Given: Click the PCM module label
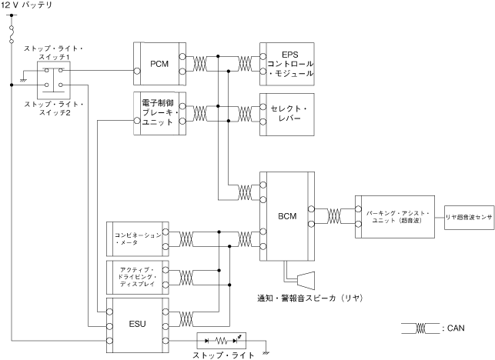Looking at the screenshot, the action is [159, 64].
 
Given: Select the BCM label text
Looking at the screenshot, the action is [287, 216].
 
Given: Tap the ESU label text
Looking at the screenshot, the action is [137, 324].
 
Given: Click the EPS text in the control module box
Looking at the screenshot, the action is [290, 55].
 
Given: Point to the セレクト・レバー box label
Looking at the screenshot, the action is [289, 113].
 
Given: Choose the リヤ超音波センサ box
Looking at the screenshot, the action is [469, 218].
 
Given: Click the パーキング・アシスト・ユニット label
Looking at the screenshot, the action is [397, 217].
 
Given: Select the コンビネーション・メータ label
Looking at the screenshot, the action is [138, 238].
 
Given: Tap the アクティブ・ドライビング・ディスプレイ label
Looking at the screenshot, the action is [137, 277].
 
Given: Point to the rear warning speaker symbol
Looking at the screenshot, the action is [306, 280].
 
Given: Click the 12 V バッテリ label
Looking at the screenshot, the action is [26, 5].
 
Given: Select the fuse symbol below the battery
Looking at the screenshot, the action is [12, 35].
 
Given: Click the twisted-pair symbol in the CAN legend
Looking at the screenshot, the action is [420, 328].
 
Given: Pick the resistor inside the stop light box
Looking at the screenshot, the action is [221, 341].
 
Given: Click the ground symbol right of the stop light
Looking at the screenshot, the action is [266, 353].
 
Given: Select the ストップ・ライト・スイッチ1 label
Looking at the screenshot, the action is [54, 52].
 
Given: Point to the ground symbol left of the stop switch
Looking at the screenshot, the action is [23, 81].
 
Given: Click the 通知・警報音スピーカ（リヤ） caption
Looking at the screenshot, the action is [309, 298].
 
